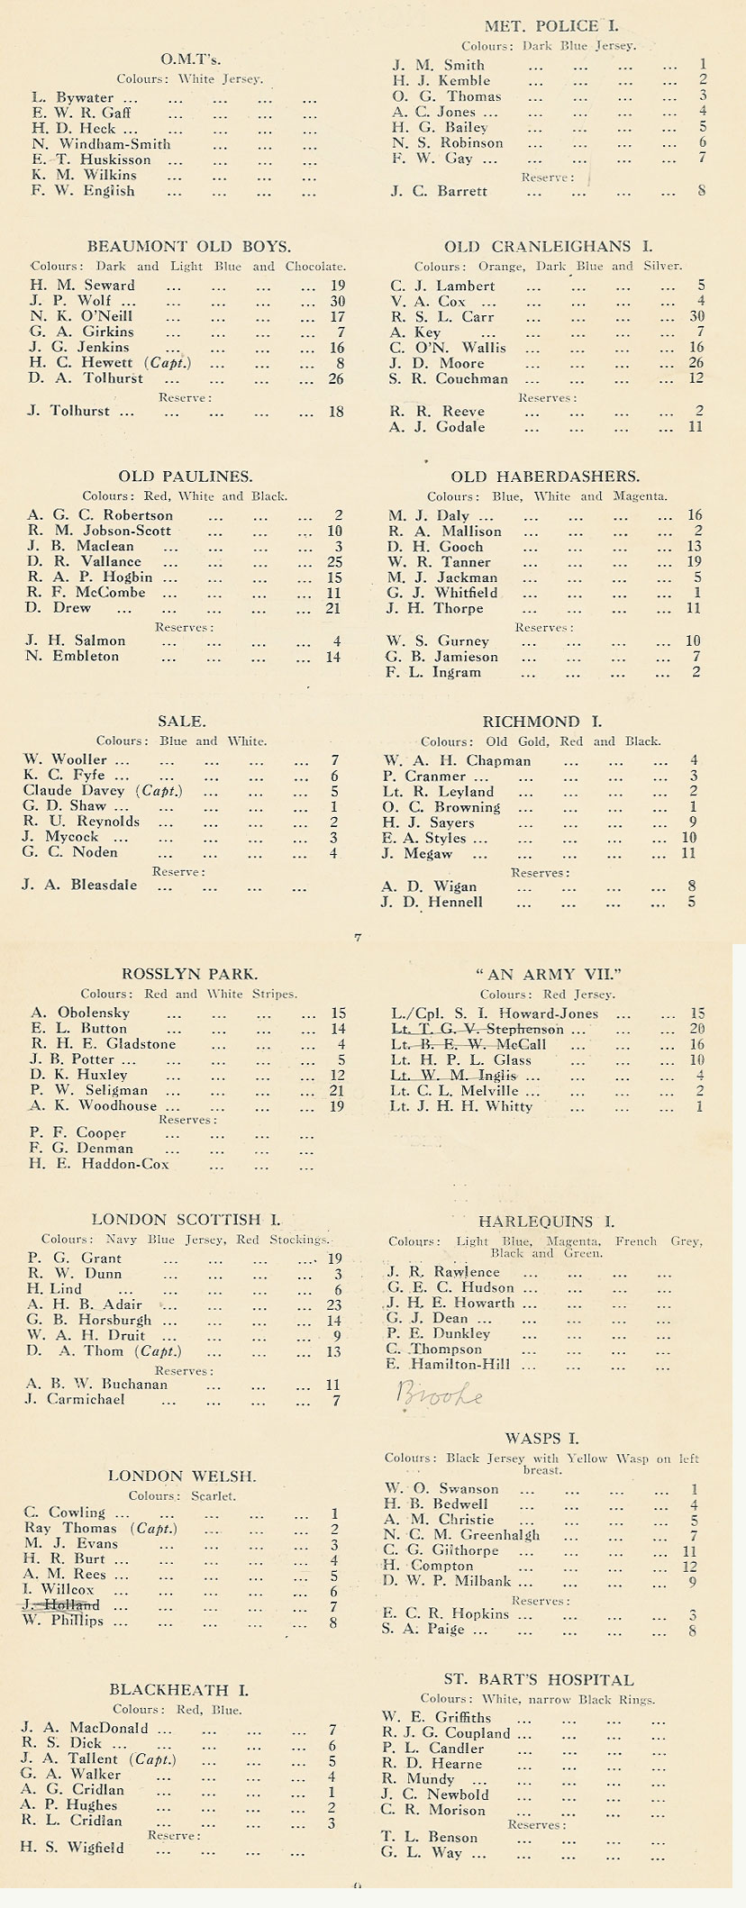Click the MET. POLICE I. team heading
(551, 27)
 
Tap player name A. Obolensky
(80, 1013)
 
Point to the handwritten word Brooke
(440, 1395)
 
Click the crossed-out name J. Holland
(62, 1605)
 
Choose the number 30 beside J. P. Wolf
(337, 301)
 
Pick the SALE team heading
(181, 721)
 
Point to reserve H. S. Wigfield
(73, 1848)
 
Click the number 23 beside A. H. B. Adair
(334, 1304)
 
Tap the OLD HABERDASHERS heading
(545, 477)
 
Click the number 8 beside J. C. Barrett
(701, 191)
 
